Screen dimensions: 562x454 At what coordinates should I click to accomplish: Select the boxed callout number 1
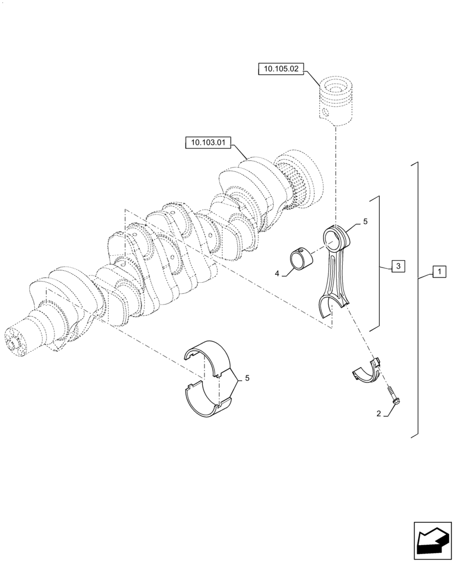pyautogui.click(x=439, y=272)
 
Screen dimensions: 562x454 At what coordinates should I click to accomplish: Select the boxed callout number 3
pyautogui.click(x=397, y=266)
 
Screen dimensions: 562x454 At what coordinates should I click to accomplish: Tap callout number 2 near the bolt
pyautogui.click(x=379, y=414)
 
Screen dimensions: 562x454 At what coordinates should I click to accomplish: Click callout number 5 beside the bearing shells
pyautogui.click(x=245, y=379)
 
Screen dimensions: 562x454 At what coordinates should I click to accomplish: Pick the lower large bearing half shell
pyautogui.click(x=205, y=400)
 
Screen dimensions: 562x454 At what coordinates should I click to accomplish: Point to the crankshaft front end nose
pyautogui.click(x=17, y=341)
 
